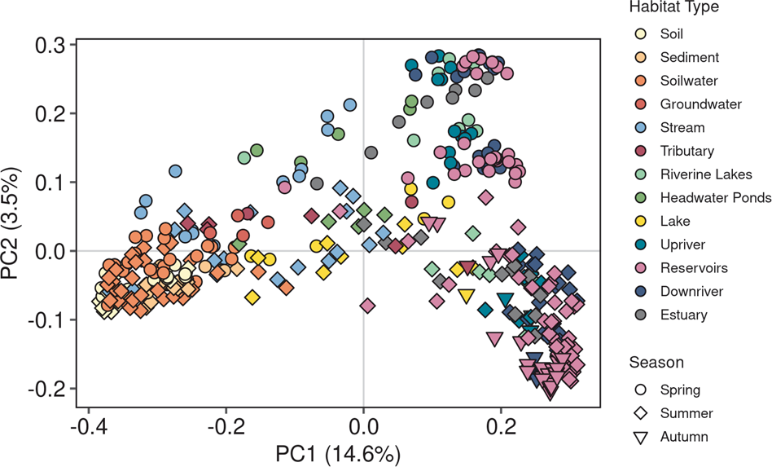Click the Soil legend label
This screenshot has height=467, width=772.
click(672, 34)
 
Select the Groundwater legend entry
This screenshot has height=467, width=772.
click(689, 104)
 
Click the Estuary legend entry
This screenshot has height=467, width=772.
click(684, 315)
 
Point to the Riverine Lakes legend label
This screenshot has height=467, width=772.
click(695, 174)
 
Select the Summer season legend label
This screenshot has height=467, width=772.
click(686, 413)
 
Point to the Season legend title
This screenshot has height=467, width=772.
click(656, 362)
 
